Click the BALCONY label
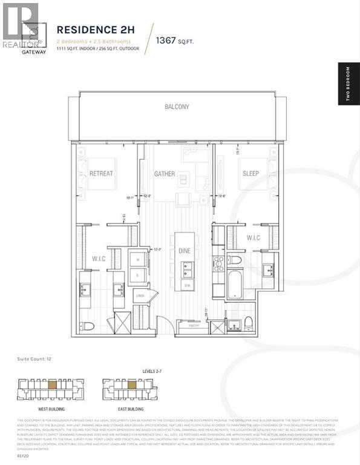click(x=177, y=107)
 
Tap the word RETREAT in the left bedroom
click(x=101, y=174)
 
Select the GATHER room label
click(x=164, y=174)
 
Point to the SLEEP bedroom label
click(x=250, y=174)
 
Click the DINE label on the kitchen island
click(x=184, y=250)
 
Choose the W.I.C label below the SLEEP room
click(x=253, y=238)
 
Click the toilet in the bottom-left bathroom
click(x=88, y=326)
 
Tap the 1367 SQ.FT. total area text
click(x=174, y=41)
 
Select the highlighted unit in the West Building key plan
click(x=53, y=384)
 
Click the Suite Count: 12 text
click(x=34, y=360)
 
